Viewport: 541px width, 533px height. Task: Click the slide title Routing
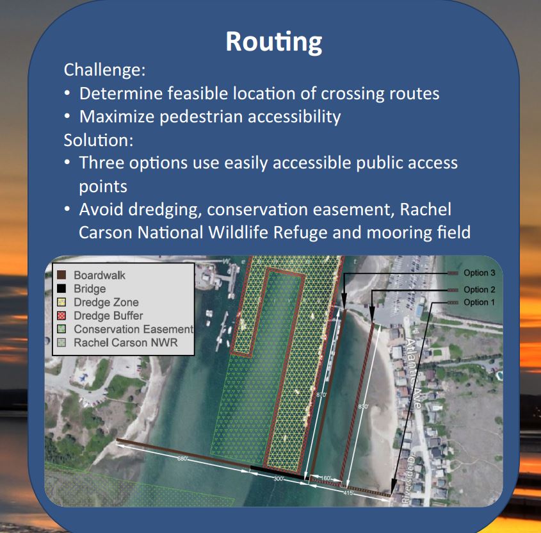(x=273, y=41)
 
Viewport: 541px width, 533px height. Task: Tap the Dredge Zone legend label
(x=106, y=302)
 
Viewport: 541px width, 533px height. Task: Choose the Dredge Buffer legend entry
(x=108, y=316)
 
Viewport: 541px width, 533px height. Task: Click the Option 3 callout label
(x=480, y=273)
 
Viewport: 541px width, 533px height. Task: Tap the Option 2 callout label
(x=480, y=290)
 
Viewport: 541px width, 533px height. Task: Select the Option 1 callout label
(x=480, y=302)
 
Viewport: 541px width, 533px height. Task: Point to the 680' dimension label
(x=183, y=459)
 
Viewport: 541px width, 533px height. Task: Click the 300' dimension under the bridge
(x=279, y=479)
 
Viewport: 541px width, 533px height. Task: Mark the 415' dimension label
(x=348, y=493)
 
